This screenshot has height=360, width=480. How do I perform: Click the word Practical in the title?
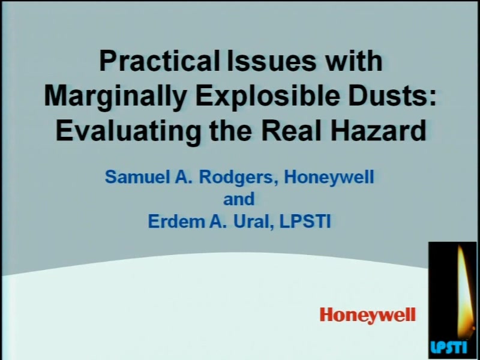(159, 61)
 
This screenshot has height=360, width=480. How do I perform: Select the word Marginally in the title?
(115, 97)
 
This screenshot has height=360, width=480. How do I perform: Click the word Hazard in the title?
(377, 130)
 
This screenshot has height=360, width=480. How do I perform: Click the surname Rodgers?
(236, 177)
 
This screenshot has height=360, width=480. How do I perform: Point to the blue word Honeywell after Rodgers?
(329, 177)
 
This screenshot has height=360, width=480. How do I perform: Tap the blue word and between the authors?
(239, 199)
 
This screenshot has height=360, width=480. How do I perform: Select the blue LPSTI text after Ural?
(305, 221)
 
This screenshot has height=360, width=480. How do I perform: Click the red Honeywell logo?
(368, 314)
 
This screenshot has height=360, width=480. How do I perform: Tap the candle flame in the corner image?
(462, 291)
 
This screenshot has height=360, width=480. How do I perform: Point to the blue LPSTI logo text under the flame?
(449, 347)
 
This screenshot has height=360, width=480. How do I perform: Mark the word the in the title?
(230, 130)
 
